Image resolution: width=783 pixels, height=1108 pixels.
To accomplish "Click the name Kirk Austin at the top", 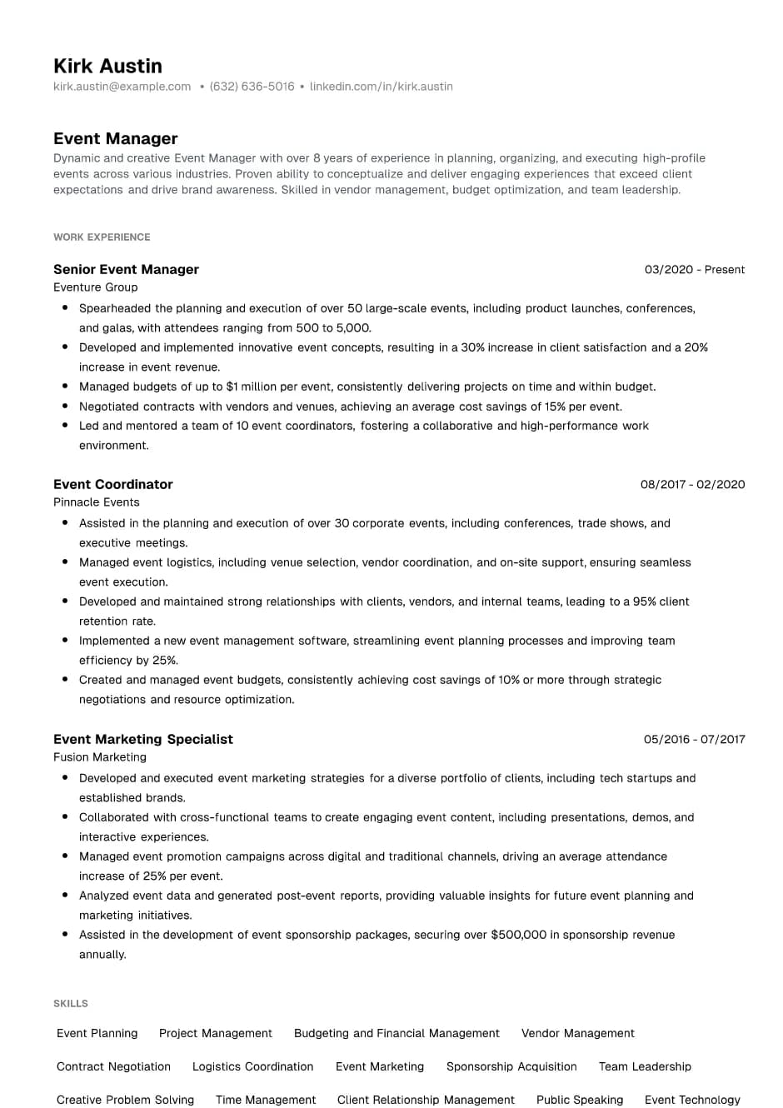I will coord(107,66).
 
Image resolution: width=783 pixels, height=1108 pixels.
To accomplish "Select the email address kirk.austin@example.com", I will coord(122,87).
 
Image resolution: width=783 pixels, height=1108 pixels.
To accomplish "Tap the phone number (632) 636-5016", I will coord(252,87).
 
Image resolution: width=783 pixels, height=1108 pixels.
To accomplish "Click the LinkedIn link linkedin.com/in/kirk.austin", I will coord(381,87).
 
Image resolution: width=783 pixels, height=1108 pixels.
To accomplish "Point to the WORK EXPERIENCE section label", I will coord(102,237).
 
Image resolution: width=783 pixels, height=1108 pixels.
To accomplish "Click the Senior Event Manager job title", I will coord(126,270).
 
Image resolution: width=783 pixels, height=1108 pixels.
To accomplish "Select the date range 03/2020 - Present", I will coord(694,270).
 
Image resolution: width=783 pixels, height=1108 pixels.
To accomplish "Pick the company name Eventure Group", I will coord(95,287).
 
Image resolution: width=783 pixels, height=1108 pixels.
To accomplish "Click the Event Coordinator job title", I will coord(112,485).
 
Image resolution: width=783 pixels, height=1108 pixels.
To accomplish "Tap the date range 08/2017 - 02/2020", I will coord(692,485).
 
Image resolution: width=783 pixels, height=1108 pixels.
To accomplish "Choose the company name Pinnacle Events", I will coord(96,502).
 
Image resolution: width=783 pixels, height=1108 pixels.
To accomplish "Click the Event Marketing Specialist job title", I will coord(142,740).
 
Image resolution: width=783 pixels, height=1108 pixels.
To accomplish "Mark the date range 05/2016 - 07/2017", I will coord(694,740).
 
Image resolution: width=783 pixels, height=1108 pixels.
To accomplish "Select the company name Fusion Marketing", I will coord(99,757).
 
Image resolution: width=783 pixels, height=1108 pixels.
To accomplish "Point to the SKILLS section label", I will coord(70,1004).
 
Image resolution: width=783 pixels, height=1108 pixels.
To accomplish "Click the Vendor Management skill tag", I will coord(577,1034).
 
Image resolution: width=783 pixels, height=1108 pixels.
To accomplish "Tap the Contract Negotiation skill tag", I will coord(113,1067).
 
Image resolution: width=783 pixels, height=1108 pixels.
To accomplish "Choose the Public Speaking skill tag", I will coord(579,1101).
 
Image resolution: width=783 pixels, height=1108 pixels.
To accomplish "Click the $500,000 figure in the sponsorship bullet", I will coord(518,936).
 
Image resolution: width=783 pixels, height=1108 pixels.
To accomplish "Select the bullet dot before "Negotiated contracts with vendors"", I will coord(65,406).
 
